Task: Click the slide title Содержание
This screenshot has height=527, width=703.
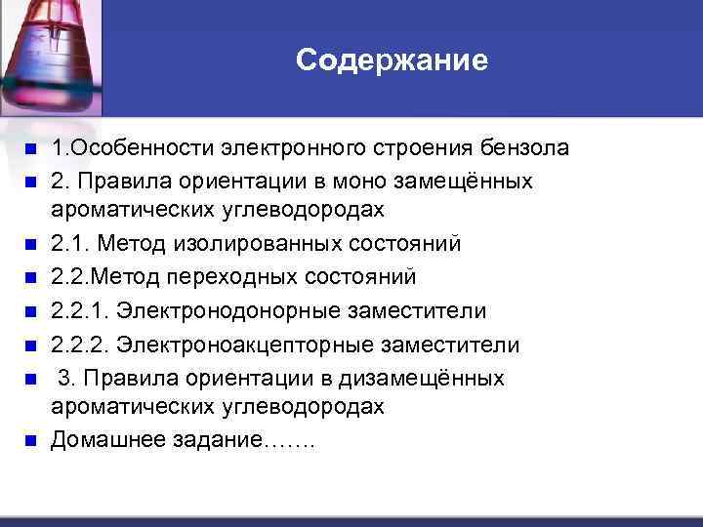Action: pyautogui.click(x=392, y=61)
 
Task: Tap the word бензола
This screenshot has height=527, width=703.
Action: pyautogui.click(x=526, y=148)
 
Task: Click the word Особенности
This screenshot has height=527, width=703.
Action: pyautogui.click(x=136, y=148)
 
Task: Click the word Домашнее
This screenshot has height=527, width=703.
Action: pyautogui.click(x=99, y=439)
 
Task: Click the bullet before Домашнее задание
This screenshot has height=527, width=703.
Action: pyautogui.click(x=30, y=440)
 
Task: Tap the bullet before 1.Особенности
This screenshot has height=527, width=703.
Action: pyautogui.click(x=30, y=149)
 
